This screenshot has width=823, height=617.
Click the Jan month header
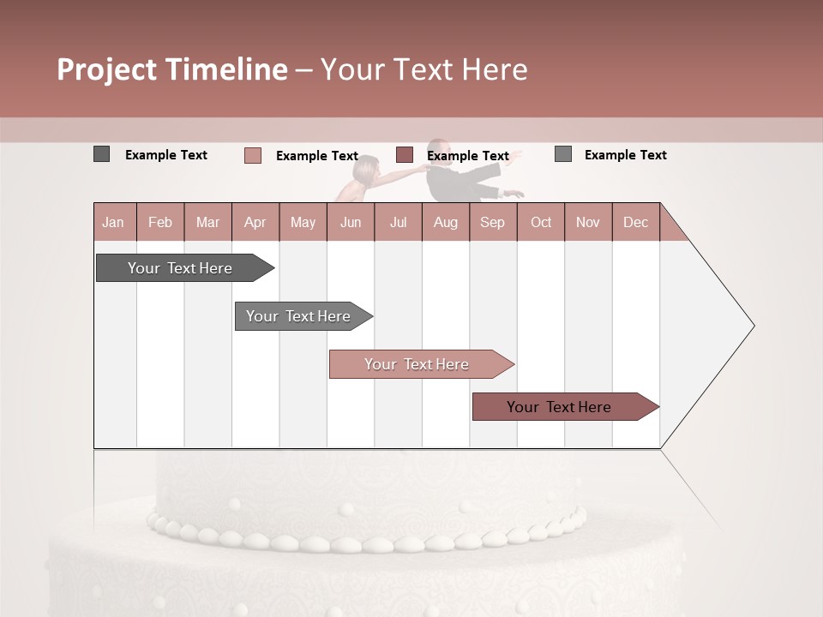113,222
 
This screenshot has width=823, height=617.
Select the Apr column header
255,222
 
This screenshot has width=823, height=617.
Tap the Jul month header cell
398,222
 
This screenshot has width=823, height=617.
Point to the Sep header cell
492,222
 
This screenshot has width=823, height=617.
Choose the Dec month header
635,222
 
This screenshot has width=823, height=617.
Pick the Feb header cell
160,222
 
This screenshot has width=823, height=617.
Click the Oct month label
541,222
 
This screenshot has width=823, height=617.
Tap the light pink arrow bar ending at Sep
418,364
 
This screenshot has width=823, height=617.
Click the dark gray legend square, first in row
101,154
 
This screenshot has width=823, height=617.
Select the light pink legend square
252,155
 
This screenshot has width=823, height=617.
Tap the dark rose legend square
405,155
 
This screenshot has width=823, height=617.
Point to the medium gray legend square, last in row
562,154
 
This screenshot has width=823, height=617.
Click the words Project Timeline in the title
172,69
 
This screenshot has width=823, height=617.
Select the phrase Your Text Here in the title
424,69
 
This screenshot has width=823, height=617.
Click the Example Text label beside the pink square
316,156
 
